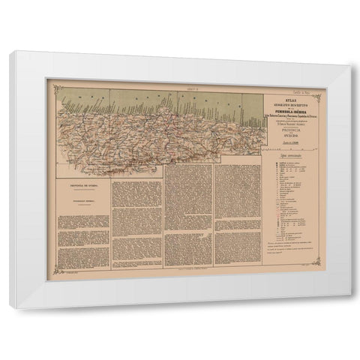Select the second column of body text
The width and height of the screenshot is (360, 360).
[x=136, y=225]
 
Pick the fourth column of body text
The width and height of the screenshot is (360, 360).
[x=235, y=217]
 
